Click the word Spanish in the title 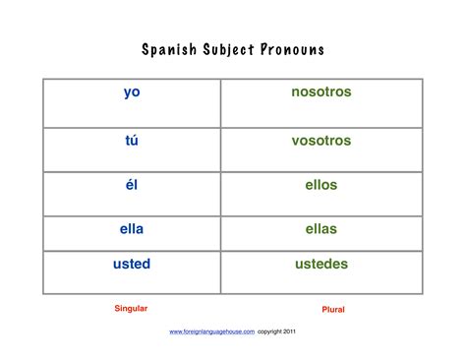tap(170, 49)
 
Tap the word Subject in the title tap(232, 49)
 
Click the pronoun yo tap(132, 92)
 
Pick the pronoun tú tap(132, 141)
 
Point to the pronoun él tap(132, 184)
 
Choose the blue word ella tap(132, 228)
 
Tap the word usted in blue tap(132, 264)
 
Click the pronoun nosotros tap(320, 92)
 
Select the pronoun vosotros tap(320, 141)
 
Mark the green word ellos tap(320, 184)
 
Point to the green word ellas tap(320, 228)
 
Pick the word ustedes tap(320, 264)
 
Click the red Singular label tap(131, 308)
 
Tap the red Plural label tap(333, 309)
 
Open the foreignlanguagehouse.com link tap(212, 332)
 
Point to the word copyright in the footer tap(266, 332)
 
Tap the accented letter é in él tap(129, 184)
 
